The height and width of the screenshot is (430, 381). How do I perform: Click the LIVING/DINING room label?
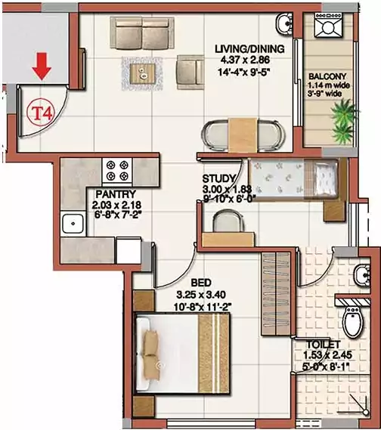(x=249, y=49)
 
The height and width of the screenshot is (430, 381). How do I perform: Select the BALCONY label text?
(x=327, y=76)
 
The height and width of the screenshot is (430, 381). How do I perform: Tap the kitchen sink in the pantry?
(x=73, y=223)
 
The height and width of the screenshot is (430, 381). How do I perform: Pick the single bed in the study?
(x=291, y=178)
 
